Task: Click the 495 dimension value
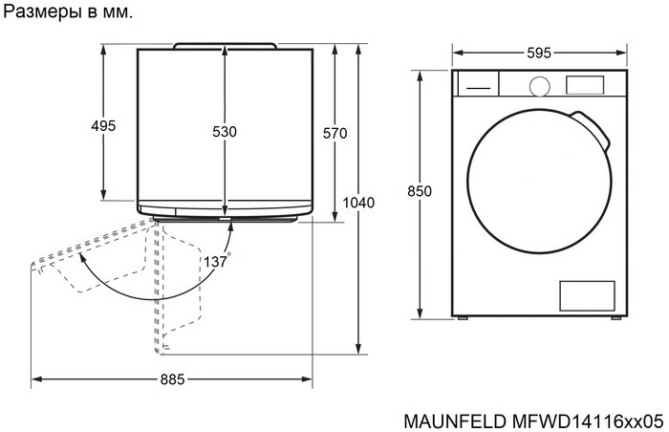103,126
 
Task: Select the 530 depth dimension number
224,132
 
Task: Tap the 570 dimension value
334,134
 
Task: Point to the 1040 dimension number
358,203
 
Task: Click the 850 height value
420,191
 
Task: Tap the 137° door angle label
217,261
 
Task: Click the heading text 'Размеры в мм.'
70,13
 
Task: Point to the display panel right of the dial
585,84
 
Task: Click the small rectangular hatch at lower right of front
585,296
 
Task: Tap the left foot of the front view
462,319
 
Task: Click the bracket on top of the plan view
225,45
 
